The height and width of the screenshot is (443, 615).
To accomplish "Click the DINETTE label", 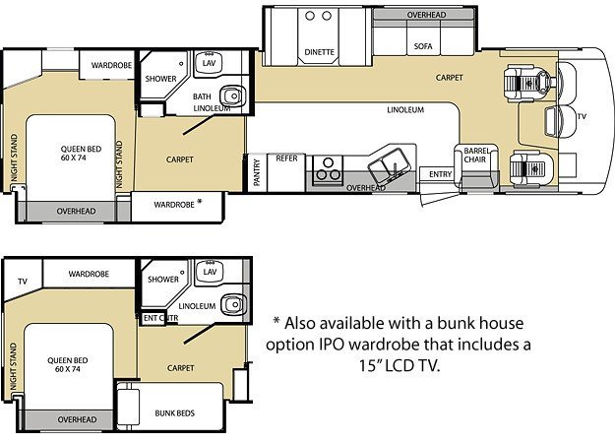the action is click(x=319, y=52).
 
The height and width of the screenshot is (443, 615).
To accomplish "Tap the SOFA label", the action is click(x=423, y=46).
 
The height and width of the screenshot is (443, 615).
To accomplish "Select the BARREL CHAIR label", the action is click(x=476, y=156).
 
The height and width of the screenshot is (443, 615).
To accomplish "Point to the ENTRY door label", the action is click(x=441, y=174).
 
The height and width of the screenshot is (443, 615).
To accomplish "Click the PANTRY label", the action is click(x=257, y=172).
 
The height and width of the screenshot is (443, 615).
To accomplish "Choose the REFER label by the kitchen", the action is click(x=286, y=158).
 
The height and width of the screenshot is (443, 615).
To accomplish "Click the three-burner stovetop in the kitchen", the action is click(x=328, y=170).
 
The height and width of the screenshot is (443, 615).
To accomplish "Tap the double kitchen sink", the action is click(x=390, y=164).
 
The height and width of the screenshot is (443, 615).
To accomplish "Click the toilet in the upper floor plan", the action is click(x=232, y=95).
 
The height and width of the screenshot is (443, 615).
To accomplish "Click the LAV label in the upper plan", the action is click(x=209, y=63).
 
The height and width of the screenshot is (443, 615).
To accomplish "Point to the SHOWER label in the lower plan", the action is click(x=163, y=280).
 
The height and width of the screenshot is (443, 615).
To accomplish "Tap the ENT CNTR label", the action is click(x=160, y=318).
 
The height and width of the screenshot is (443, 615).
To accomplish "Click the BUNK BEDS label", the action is click(x=174, y=413).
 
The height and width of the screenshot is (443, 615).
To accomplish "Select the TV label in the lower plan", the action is click(x=23, y=282).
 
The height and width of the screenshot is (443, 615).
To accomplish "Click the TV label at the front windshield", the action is click(x=582, y=116).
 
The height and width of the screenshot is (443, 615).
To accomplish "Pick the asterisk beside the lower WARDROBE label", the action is click(x=200, y=201).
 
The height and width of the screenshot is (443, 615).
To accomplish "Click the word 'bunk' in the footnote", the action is click(x=456, y=323).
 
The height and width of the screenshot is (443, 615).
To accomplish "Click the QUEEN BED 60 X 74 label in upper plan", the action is click(x=82, y=154).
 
